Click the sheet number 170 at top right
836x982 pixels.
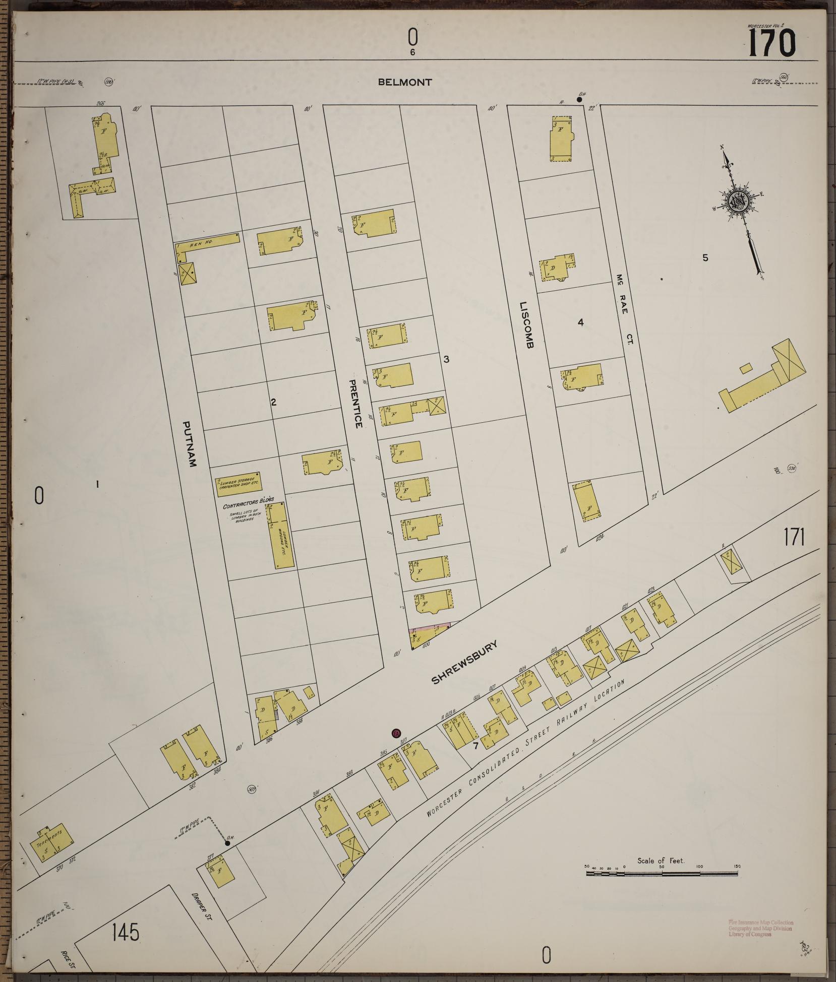[771, 43]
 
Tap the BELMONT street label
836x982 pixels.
[405, 82]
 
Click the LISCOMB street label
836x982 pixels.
[526, 325]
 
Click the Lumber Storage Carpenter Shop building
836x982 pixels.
[237, 485]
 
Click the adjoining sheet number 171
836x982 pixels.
[794, 538]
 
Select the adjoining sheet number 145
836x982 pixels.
[126, 932]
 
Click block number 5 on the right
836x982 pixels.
[705, 258]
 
